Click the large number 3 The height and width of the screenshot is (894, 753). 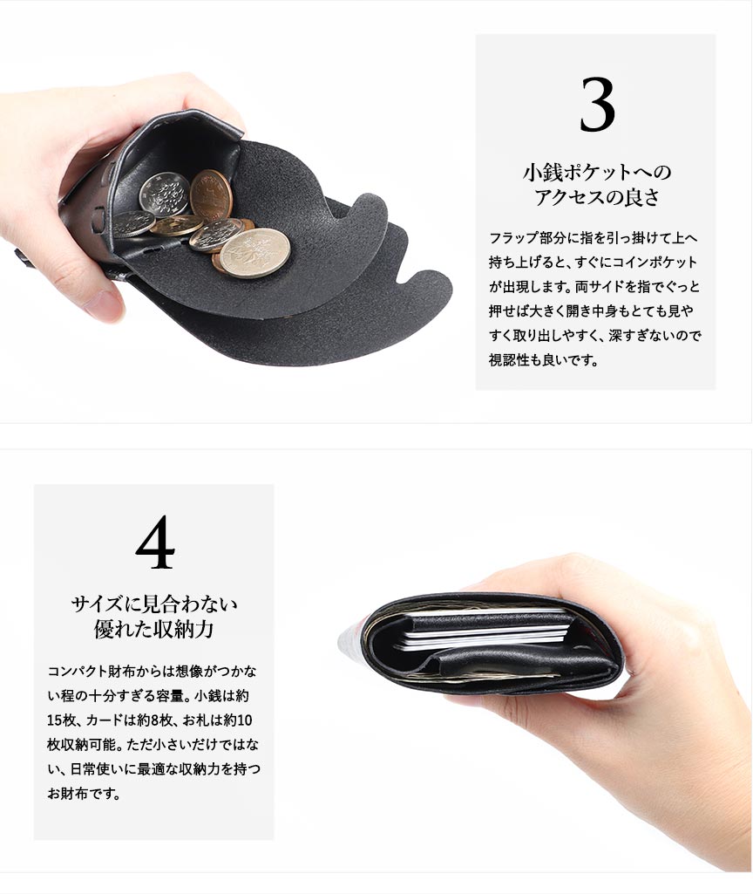point(597,105)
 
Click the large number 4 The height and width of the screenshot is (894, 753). point(155,542)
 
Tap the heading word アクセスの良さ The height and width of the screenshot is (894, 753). point(596,197)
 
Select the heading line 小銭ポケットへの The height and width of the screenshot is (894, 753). point(597,172)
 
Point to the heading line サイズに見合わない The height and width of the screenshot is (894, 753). point(154,604)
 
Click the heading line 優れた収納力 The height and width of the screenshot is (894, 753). point(153,630)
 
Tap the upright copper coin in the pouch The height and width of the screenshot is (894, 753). point(211,194)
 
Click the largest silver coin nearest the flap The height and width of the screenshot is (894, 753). point(254,253)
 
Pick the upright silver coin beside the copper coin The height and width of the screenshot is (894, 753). point(165,194)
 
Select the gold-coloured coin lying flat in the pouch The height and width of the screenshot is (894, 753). point(175,225)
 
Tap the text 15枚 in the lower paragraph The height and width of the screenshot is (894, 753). point(62,720)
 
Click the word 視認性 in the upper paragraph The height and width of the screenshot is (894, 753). point(509,359)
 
